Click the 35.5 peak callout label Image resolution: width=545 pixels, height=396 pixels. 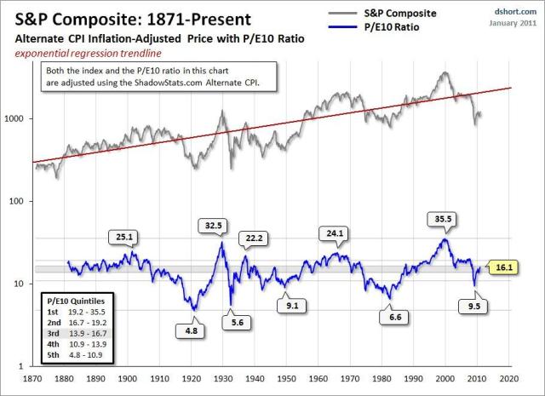tap(442, 218)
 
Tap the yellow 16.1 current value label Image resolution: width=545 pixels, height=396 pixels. tap(502, 267)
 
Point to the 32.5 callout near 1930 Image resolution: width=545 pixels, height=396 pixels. tap(215, 226)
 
